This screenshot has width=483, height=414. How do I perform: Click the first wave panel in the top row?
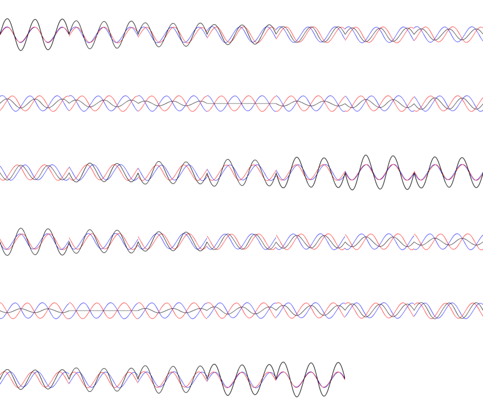click(x=34, y=34)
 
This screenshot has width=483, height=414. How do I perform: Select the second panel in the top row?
click(x=103, y=34)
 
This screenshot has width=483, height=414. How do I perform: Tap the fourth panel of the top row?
click(x=241, y=34)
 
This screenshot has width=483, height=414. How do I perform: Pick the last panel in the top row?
click(x=448, y=34)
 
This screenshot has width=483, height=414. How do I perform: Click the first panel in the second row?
click(x=34, y=103)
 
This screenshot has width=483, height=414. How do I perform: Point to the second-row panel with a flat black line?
click(x=241, y=103)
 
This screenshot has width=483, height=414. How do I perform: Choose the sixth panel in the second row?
click(x=379, y=103)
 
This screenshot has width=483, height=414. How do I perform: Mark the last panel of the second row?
click(x=448, y=103)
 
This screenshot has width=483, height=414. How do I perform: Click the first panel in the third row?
click(x=34, y=172)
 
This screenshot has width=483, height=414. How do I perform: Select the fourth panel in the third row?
click(x=241, y=172)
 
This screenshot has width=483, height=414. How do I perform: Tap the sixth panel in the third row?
click(x=379, y=172)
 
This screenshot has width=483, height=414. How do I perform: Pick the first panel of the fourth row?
click(x=34, y=241)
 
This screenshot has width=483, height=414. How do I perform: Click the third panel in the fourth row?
click(x=172, y=241)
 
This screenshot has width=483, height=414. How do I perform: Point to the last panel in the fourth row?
click(x=448, y=241)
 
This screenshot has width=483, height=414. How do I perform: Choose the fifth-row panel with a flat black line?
click(x=103, y=310)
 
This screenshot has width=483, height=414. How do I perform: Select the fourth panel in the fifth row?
click(x=241, y=310)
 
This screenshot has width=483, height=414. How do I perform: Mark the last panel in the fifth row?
click(x=448, y=310)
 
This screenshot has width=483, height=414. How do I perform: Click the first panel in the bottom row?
click(x=34, y=379)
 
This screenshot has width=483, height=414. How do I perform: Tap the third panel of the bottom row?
click(x=172, y=379)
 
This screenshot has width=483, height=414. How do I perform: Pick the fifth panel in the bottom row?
click(x=310, y=379)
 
